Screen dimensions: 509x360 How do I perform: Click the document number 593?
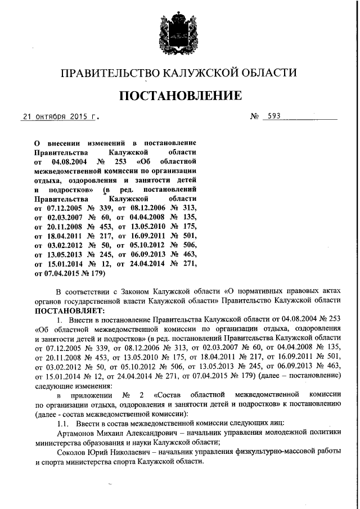click(x=273, y=117)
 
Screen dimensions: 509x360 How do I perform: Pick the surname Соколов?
click(x=74, y=452)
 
